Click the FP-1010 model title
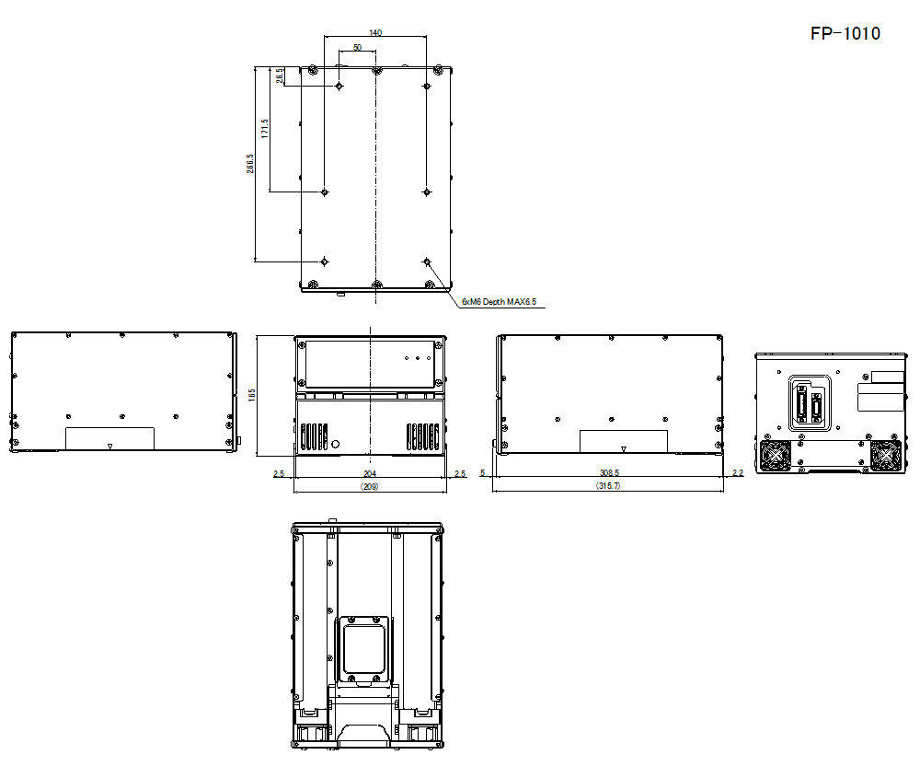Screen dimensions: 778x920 [845, 34]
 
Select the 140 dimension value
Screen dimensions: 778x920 [375, 32]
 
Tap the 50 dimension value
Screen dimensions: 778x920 [357, 47]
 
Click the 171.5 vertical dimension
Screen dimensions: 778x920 [265, 129]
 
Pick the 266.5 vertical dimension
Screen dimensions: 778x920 [250, 164]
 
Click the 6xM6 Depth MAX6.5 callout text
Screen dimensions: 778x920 [499, 301]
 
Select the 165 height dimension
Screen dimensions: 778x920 [252, 395]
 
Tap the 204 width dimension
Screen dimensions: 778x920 [369, 473]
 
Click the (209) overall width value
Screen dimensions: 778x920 [369, 485]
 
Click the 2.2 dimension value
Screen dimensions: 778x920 [737, 473]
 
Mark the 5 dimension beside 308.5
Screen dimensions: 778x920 [483, 473]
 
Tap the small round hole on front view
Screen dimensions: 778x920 [336, 444]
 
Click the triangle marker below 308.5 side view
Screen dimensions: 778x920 [624, 450]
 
